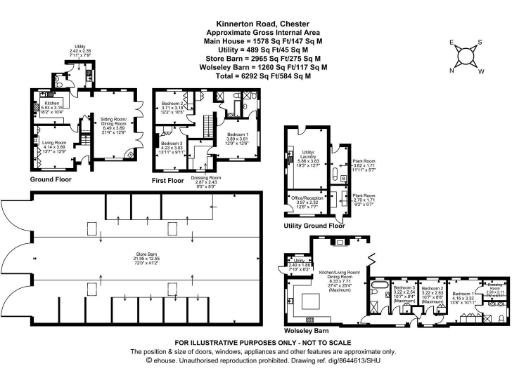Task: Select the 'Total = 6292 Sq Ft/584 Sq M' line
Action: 255,75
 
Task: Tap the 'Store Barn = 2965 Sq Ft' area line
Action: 255,59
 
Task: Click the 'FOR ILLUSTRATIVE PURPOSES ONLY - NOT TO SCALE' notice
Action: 255,344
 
